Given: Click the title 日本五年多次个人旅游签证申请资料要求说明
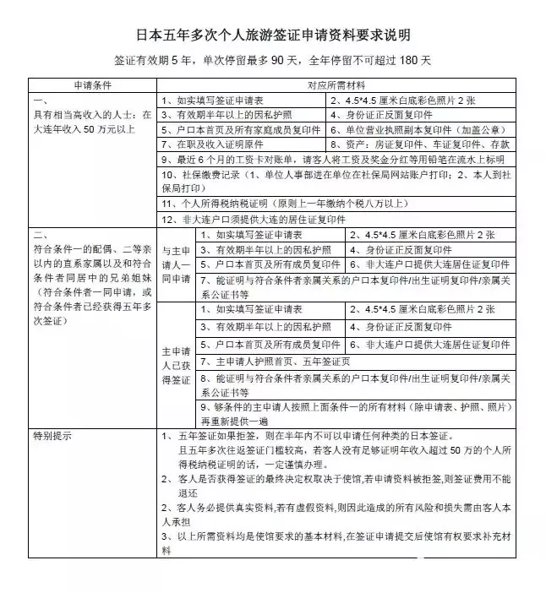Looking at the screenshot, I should pos(273,35).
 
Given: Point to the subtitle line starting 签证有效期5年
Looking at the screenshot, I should pos(273,62).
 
